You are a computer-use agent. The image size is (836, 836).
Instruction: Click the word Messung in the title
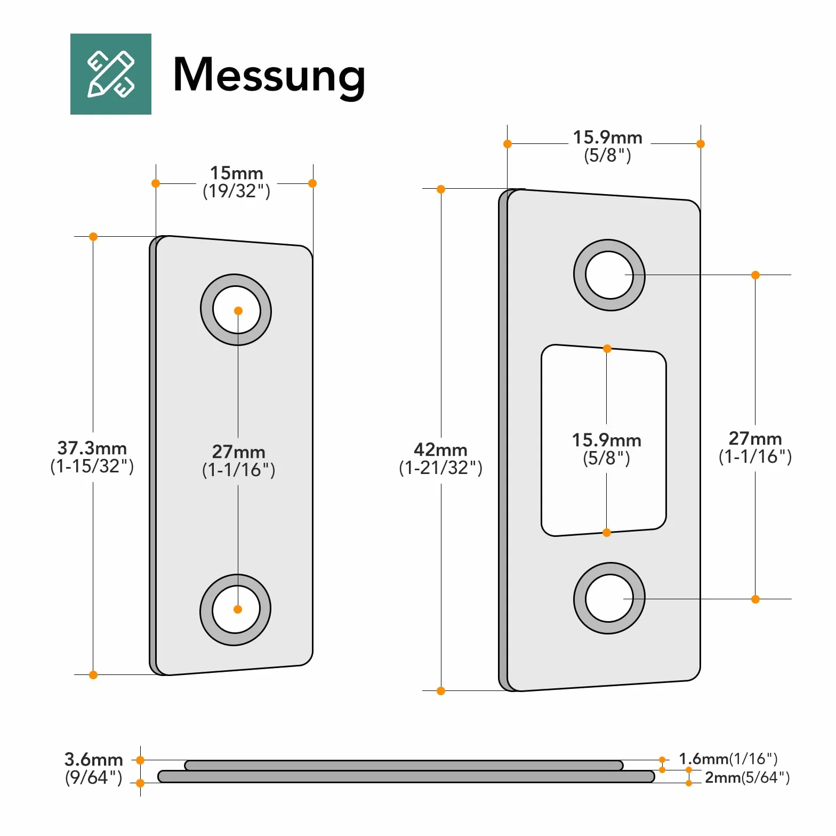coord(269,76)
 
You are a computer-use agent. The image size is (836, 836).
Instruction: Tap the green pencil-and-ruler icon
coord(111,74)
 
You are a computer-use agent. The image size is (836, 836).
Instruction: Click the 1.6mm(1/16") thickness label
coord(728,759)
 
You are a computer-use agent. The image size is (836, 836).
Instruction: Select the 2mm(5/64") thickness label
coord(747,777)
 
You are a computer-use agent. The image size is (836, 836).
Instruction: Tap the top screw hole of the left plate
coord(236,310)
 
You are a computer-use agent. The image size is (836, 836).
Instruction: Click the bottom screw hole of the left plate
coord(236,609)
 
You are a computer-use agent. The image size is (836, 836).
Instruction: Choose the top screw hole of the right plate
coord(609,275)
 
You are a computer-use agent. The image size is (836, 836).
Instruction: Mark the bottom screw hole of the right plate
coord(609,598)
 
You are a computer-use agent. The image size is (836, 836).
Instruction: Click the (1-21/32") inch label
coord(441,468)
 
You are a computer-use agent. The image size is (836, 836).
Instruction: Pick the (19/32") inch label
coord(237,191)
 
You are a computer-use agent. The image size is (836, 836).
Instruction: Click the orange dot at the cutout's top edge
coord(607,349)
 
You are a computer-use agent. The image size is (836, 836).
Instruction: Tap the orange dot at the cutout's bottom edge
coord(607,533)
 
